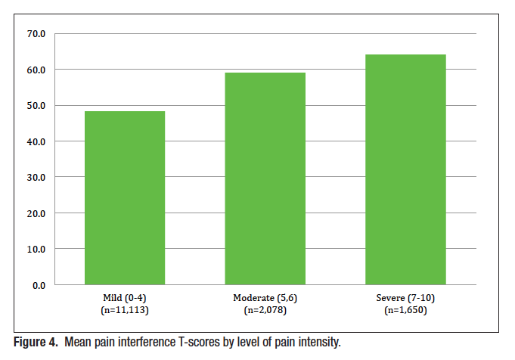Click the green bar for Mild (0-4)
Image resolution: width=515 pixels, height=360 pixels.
[x=124, y=198]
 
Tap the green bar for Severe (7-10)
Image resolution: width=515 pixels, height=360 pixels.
[x=405, y=169]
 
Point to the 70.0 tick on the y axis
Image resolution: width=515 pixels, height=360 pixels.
[x=36, y=34]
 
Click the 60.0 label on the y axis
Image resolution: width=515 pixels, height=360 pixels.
[x=36, y=70]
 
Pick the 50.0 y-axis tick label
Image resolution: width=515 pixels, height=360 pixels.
[x=36, y=106]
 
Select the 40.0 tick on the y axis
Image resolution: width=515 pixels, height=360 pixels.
[x=36, y=141]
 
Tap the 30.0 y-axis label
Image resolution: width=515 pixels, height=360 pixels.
[x=36, y=178]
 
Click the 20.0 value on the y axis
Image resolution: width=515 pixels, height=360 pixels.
[x=36, y=213]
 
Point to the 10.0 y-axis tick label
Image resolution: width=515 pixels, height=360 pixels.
[x=36, y=249]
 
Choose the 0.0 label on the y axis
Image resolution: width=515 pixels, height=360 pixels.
[x=39, y=285]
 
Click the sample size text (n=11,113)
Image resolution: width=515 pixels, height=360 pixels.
[x=124, y=311]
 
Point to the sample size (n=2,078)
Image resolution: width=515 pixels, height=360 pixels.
[x=265, y=311]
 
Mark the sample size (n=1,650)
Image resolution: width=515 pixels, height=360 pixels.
[x=405, y=311]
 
